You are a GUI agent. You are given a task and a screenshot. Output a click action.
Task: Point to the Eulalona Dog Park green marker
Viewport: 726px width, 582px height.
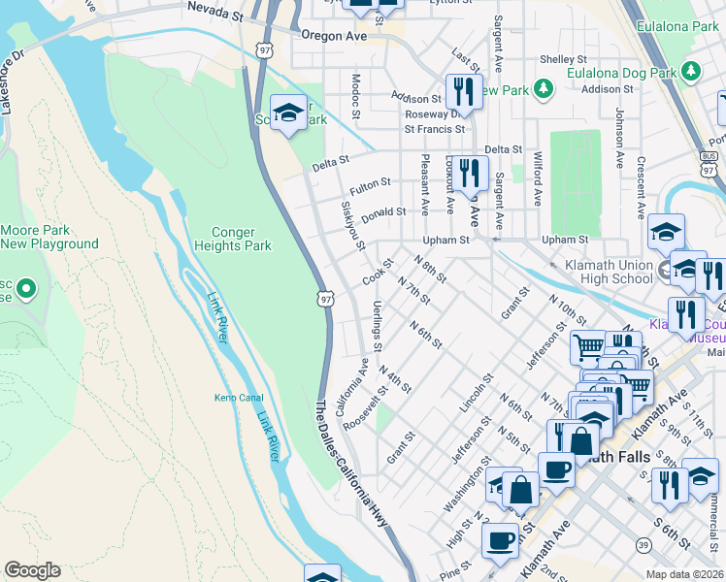691,71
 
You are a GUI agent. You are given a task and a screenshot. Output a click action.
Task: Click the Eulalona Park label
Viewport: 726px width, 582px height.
677,27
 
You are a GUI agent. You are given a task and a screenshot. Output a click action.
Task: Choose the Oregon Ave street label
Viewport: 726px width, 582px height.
336,35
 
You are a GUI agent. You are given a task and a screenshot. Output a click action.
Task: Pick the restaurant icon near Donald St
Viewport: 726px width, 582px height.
471,174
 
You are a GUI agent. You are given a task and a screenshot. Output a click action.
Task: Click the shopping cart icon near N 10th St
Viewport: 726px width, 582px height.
589,346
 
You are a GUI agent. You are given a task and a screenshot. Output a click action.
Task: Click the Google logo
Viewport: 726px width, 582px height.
32,570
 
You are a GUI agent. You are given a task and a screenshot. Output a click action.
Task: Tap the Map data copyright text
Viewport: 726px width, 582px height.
685,574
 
